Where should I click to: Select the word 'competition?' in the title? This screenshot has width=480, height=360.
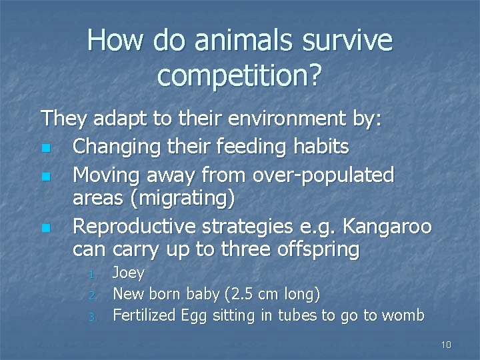coord(239,77)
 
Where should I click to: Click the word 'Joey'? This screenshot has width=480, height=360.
coord(129,273)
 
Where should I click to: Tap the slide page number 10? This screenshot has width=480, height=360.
coord(446,345)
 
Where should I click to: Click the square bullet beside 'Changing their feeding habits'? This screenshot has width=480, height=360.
coord(45,148)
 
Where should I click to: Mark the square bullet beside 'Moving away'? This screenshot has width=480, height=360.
coord(45,176)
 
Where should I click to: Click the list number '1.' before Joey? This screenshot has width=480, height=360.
coord(94,274)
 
